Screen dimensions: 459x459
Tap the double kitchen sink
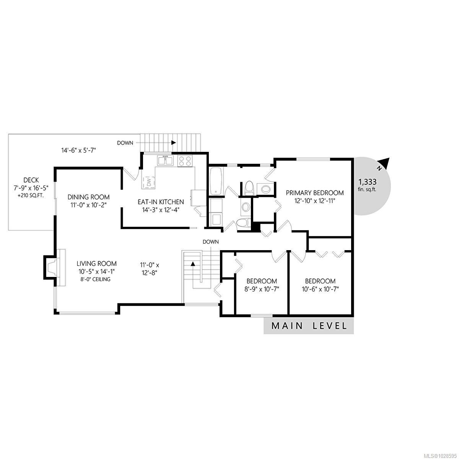[x=164, y=161]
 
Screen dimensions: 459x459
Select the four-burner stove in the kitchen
[x=186, y=161]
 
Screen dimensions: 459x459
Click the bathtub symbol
[x=216, y=181]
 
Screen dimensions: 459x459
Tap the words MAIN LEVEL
[x=309, y=326]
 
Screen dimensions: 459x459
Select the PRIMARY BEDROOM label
[x=315, y=193]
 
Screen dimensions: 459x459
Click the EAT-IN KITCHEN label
[x=161, y=202]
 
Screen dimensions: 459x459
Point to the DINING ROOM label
[x=89, y=197]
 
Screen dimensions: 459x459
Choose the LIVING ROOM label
[x=96, y=264]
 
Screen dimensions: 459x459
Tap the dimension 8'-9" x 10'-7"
[x=262, y=289]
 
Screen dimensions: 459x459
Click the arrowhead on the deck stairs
[x=173, y=143]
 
